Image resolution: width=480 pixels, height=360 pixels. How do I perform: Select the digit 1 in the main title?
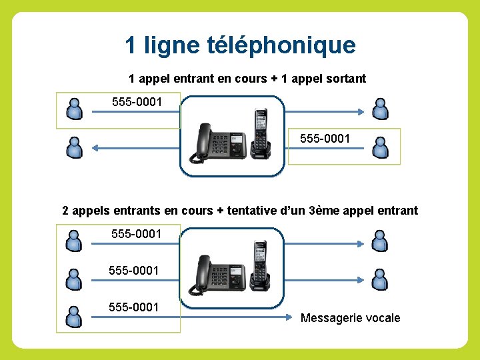click(x=131, y=45)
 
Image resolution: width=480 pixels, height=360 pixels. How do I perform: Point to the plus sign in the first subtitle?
click(x=273, y=79)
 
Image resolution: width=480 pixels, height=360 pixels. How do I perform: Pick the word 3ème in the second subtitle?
click(x=325, y=211)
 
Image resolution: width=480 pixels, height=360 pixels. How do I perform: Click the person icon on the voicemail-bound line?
click(x=74, y=316)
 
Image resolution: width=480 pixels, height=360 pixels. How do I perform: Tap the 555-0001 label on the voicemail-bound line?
click(x=133, y=307)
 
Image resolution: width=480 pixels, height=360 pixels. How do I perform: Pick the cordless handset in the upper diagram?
click(x=260, y=133)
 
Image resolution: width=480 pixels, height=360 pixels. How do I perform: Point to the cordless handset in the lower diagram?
click(x=260, y=265)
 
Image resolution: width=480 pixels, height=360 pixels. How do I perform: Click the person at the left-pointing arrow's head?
click(x=74, y=147)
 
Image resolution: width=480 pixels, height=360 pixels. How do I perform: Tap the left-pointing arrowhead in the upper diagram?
click(x=95, y=147)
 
